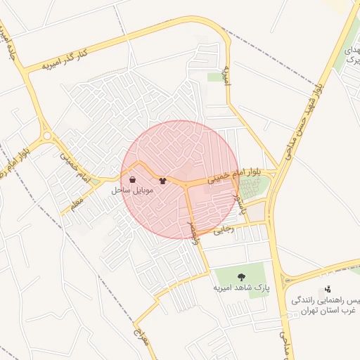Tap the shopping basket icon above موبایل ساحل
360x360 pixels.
[x=133, y=179]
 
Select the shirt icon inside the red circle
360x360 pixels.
[x=163, y=180]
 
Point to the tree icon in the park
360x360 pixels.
[x=242, y=276]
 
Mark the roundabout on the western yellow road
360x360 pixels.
[x=47, y=136]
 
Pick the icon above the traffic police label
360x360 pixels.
[x=328, y=288]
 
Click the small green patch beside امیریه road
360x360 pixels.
[x=215, y=77]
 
